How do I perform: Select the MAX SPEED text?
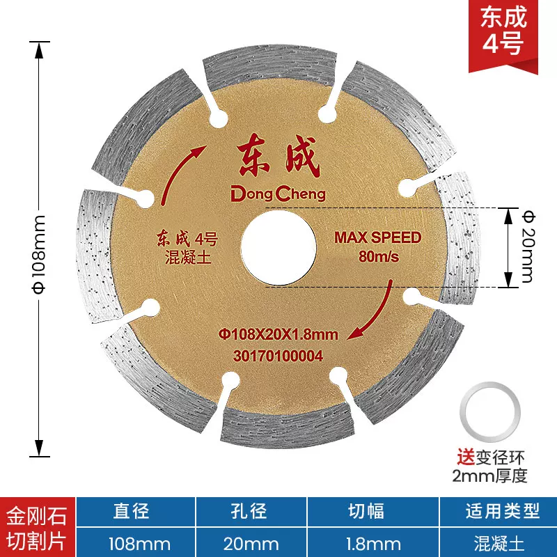pyautogui.click(x=377, y=237)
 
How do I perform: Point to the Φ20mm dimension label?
pyautogui.click(x=527, y=246)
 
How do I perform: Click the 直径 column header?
pyautogui.click(x=132, y=512)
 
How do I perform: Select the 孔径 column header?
pyautogui.click(x=249, y=512)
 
